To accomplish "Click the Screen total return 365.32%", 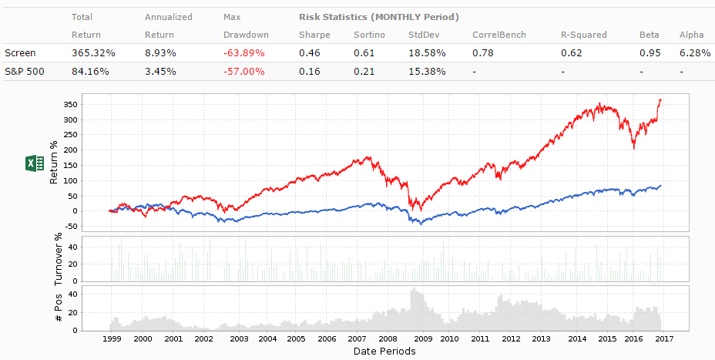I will (x=93, y=52).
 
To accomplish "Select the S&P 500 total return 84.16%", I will (x=90, y=71).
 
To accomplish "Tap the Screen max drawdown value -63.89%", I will (x=243, y=52).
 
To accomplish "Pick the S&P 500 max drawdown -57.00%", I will (x=243, y=71).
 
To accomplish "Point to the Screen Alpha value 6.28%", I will (x=694, y=52).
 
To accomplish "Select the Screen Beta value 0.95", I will (x=649, y=52).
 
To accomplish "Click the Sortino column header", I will (x=370, y=34).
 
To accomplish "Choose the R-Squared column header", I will (x=584, y=34).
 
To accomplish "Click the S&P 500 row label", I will (x=22, y=71).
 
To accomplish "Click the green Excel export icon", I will (x=35, y=163).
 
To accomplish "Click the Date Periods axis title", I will (x=384, y=352).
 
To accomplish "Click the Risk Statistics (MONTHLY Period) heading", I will (x=378, y=16).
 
